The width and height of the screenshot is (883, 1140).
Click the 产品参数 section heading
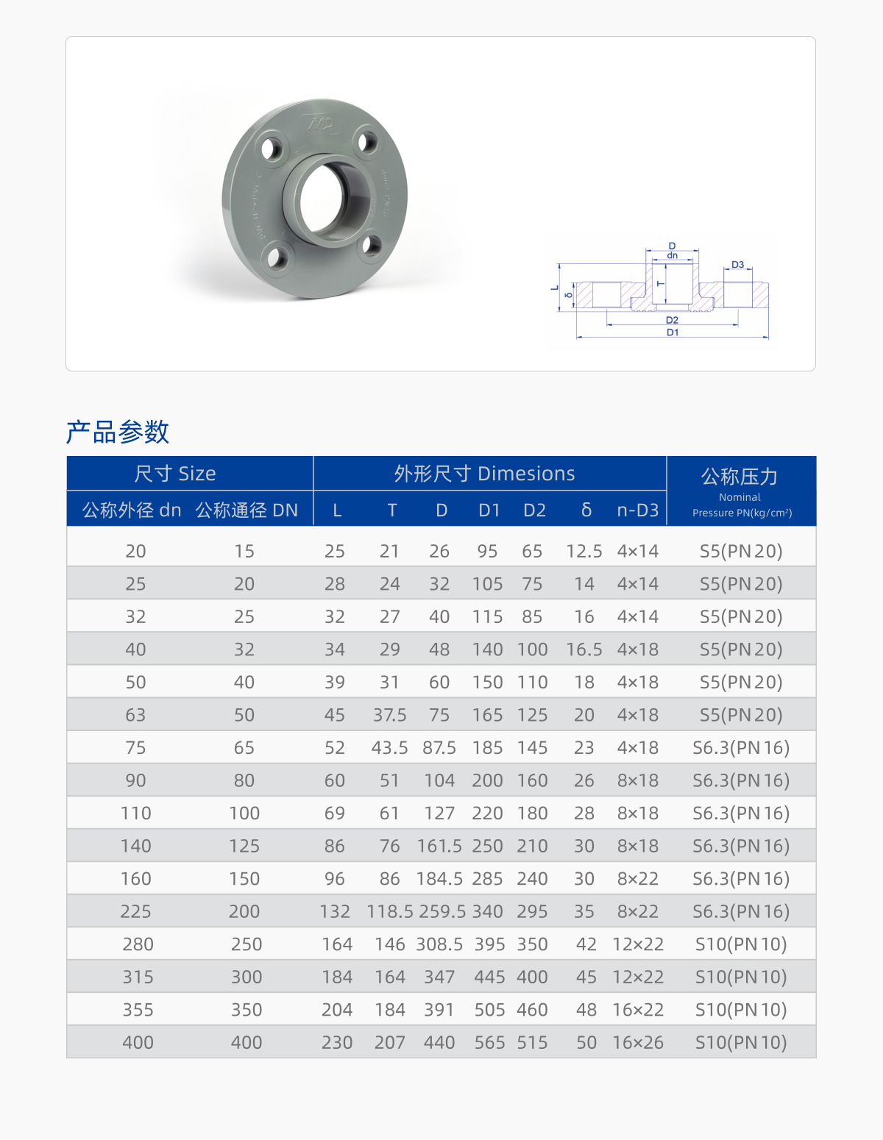[x=118, y=432]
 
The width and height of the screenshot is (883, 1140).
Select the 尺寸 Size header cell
[x=175, y=474]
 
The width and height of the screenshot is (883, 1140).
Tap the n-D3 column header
[x=637, y=510]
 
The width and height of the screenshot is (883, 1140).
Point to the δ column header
[x=586, y=510]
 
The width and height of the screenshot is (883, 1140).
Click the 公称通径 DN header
[x=247, y=510]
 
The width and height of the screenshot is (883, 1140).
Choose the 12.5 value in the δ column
[x=584, y=551]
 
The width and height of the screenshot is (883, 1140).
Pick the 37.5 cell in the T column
[x=390, y=715]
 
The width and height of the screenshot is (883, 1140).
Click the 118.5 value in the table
[x=390, y=911]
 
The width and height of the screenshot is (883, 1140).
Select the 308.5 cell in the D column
[x=439, y=944]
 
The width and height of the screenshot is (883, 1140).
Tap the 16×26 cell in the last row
[x=638, y=1042]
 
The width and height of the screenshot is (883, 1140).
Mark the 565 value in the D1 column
[x=489, y=1042]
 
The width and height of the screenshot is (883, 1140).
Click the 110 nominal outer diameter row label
[x=136, y=813]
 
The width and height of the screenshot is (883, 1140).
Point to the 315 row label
[x=138, y=977]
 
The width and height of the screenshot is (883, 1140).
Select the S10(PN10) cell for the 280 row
[x=741, y=944]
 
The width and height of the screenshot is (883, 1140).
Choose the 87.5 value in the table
[x=439, y=747]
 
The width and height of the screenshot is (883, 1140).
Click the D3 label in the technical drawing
[x=737, y=265]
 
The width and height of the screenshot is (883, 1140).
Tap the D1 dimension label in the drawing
[x=673, y=332]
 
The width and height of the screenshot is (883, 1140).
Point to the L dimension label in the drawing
[x=555, y=288]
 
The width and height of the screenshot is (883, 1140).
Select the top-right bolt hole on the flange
[x=366, y=142]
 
